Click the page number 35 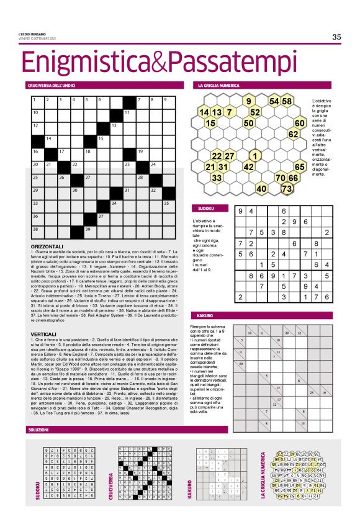click(336, 37)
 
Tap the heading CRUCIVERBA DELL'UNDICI click(53, 84)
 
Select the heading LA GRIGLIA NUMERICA click(219, 84)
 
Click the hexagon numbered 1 click(254, 155)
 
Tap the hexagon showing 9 click(248, 101)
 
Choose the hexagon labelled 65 click(300, 166)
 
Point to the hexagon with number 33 click(217, 178)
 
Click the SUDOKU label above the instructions click(205, 209)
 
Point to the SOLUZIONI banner click(39, 430)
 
